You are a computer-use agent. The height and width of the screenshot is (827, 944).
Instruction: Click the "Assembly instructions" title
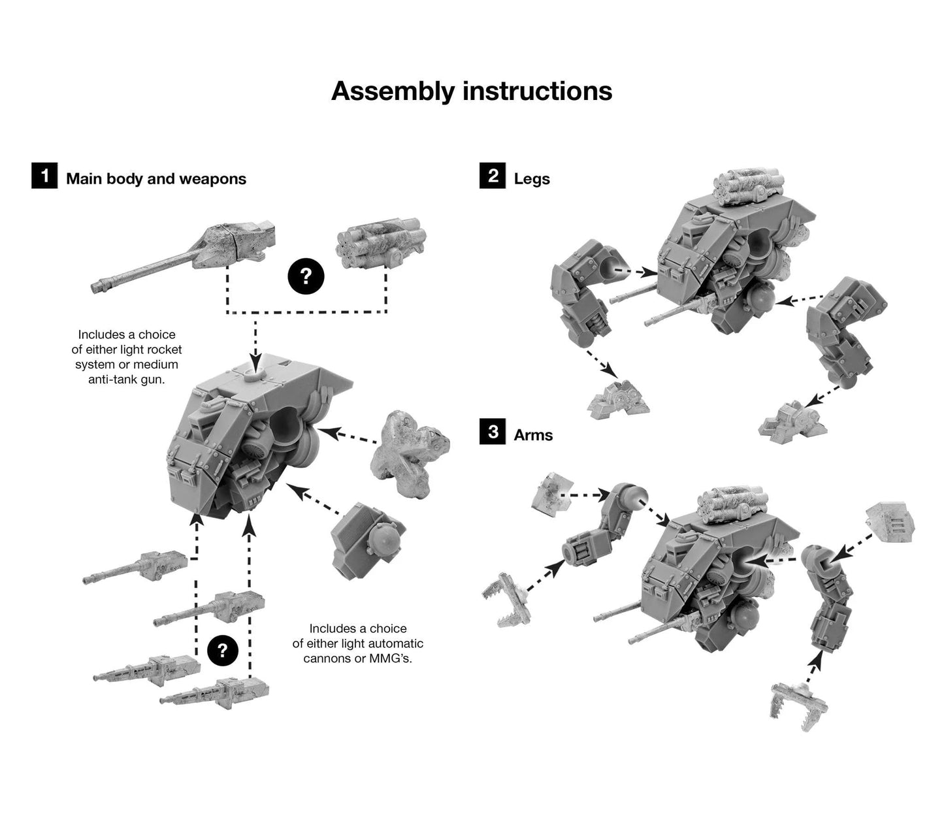point(471,91)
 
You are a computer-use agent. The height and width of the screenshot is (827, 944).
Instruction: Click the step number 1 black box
point(44,176)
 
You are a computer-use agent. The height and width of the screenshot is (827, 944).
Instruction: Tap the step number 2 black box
point(493,176)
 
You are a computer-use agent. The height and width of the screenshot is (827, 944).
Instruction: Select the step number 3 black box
point(493,432)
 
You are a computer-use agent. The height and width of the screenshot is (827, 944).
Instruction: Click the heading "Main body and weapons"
point(156,179)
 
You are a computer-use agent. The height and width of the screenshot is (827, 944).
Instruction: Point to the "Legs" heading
point(532,179)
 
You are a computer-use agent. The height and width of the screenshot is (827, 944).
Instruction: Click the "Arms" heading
point(533,435)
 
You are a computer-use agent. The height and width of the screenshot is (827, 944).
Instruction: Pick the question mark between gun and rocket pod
point(306,276)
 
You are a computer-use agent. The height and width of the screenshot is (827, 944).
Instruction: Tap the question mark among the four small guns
point(222,651)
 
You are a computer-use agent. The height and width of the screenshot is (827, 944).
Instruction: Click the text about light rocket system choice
point(127,357)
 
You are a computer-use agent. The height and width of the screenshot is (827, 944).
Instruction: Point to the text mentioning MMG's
point(358,643)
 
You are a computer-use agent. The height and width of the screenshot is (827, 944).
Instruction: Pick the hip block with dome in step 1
point(368,541)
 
